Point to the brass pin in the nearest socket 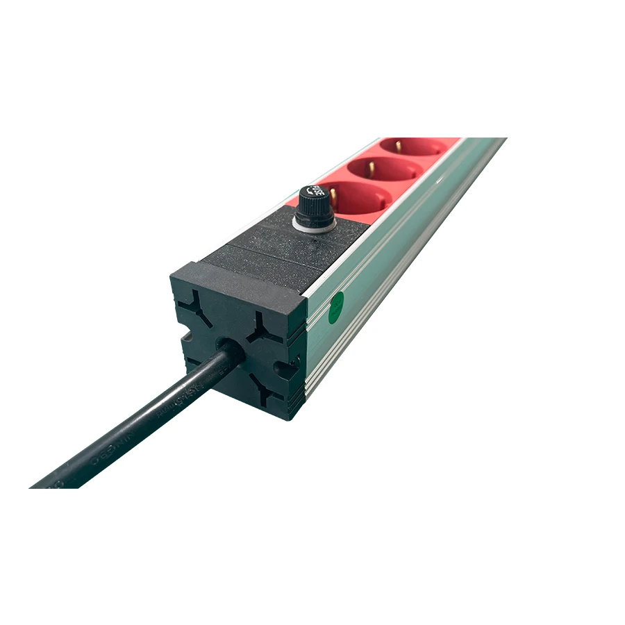[x=333, y=198]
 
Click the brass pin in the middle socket [x=371, y=167]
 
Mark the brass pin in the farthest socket [x=399, y=146]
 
